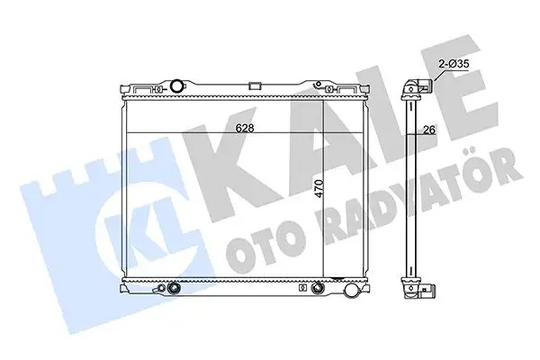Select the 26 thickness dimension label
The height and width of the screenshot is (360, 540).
tap(430, 130)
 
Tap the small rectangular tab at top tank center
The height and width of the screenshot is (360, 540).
tap(256, 86)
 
